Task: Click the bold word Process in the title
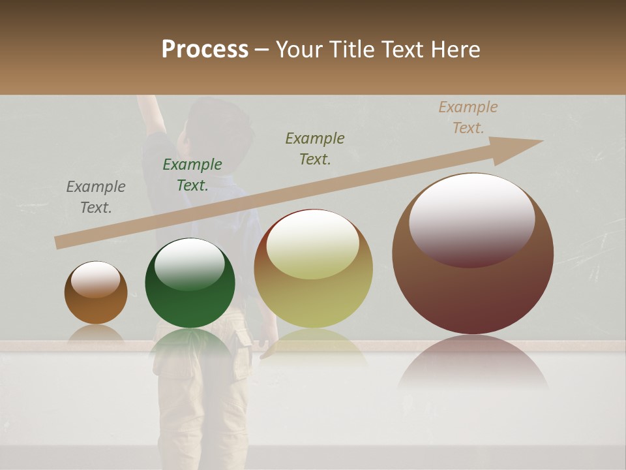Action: point(205,50)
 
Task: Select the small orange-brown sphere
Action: point(96,292)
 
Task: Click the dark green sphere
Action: point(190,283)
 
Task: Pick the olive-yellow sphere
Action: point(314,269)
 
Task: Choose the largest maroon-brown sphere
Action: point(473,255)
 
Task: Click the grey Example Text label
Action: point(96,197)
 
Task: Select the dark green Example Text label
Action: point(192,175)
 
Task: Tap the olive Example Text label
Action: point(315,149)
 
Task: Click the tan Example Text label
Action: point(468,117)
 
